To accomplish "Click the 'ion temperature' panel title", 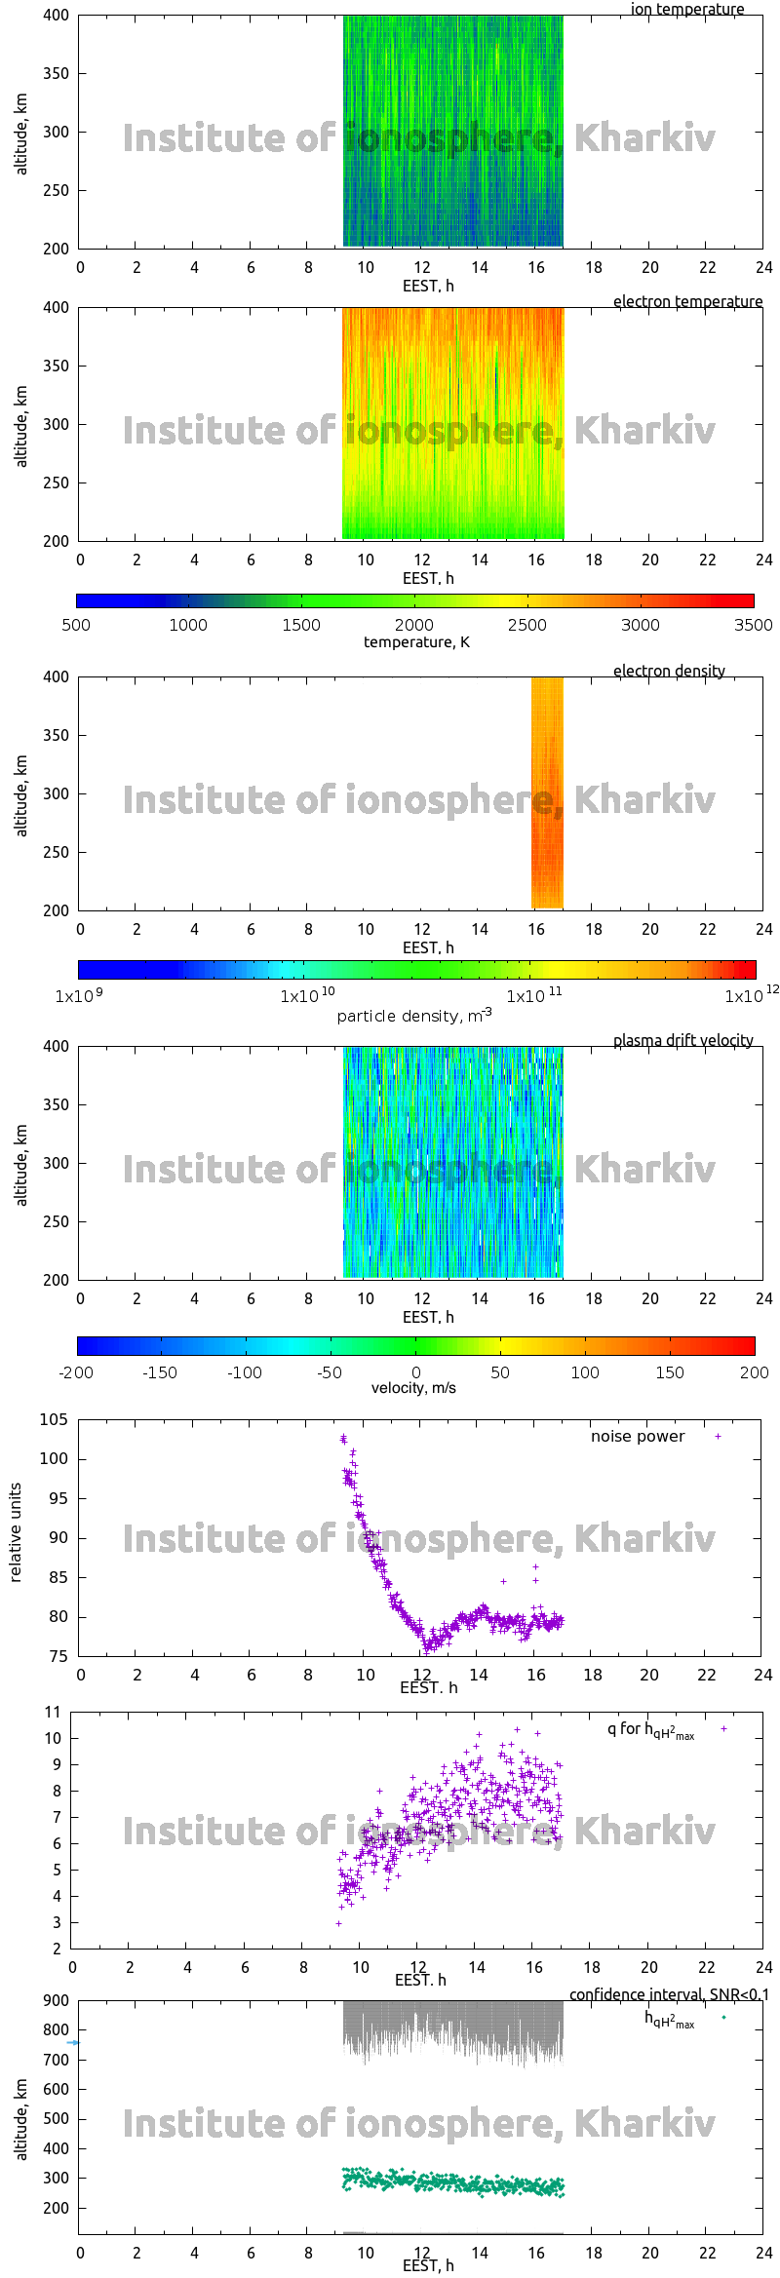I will (x=687, y=10).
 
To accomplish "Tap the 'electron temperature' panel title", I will (x=687, y=301).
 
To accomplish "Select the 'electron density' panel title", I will (x=669, y=671).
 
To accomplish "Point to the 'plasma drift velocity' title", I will (x=682, y=1040).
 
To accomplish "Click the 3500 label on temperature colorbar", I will (x=753, y=625).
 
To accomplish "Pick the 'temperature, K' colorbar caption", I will (x=416, y=641).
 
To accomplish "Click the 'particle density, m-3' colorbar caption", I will (x=413, y=1015).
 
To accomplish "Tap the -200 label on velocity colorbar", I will (x=76, y=1372).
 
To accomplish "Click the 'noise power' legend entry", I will (x=638, y=1436).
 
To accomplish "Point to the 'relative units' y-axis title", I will (x=16, y=1532).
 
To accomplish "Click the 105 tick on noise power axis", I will (x=54, y=1419).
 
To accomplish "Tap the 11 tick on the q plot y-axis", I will (x=53, y=1712).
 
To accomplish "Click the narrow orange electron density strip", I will (x=547, y=792).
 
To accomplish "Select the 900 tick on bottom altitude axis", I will (x=56, y=2000).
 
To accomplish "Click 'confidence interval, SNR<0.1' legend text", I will (x=669, y=1994).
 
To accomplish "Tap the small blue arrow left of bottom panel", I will (x=73, y=2042).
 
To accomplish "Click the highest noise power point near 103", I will (x=343, y=1438).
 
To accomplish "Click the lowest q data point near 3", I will (x=338, y=1923).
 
